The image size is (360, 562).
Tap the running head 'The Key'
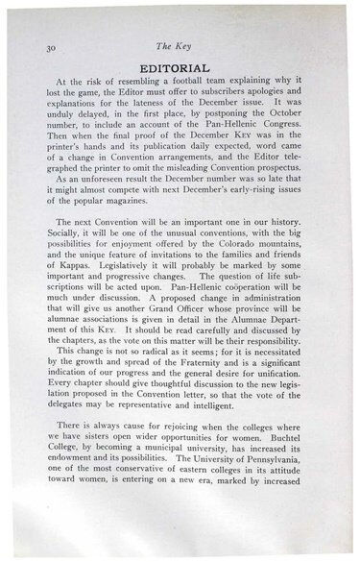[182, 45]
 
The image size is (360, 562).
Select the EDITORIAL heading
[182, 69]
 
